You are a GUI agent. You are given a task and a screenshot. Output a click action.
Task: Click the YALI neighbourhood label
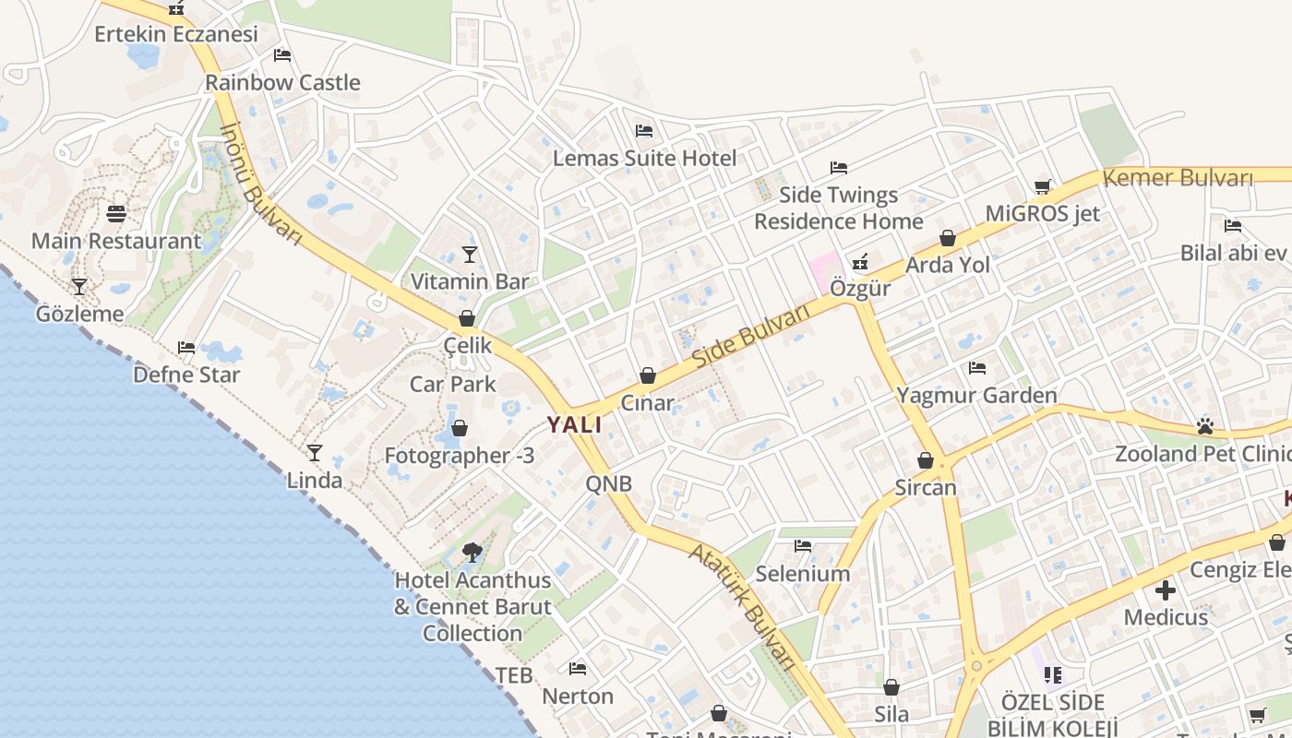[574, 425]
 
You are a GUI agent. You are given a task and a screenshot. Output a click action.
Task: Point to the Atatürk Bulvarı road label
[743, 604]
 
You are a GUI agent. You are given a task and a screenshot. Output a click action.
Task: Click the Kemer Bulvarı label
[1178, 177]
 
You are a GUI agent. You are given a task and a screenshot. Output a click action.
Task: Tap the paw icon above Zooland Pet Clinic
[1204, 426]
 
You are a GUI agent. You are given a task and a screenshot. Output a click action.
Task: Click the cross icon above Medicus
[1166, 589]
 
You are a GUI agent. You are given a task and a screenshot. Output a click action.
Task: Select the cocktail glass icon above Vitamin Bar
[470, 255]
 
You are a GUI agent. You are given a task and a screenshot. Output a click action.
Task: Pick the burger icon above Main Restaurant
[116, 214]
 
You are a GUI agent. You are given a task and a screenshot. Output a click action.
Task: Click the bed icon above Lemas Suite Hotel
[644, 131]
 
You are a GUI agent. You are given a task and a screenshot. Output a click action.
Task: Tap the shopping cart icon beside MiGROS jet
[1043, 187]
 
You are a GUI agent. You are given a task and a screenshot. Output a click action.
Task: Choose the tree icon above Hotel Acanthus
[473, 553]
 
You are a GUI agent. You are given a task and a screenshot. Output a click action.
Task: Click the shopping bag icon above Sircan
[926, 460]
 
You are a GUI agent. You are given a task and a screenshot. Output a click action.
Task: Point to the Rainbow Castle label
[282, 82]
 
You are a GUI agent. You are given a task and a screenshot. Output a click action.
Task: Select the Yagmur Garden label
[977, 396]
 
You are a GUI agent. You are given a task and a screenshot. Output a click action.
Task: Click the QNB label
[609, 483]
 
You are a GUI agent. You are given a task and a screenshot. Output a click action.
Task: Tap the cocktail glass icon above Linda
[315, 453]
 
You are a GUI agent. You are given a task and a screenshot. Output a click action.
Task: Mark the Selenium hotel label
[803, 574]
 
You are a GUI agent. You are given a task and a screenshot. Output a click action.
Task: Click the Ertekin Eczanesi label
[176, 34]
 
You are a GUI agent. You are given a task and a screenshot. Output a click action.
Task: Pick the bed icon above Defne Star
[186, 348]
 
